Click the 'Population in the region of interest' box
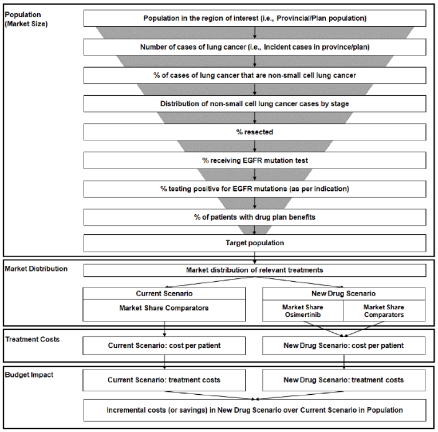coord(255,18)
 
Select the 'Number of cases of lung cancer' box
coord(255,46)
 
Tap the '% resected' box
coord(255,132)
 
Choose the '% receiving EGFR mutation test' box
coord(255,160)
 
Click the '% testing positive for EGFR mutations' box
coord(255,188)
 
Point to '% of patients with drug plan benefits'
coord(255,217)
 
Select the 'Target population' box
coord(255,243)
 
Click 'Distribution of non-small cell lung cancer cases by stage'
coord(255,104)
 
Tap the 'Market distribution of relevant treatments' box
coord(255,270)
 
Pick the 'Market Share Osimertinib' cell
coord(302,311)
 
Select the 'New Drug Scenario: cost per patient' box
coord(344,345)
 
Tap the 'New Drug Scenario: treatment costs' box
coord(344,380)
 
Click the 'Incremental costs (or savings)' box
coord(255,410)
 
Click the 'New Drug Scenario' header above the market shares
coord(344,293)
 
